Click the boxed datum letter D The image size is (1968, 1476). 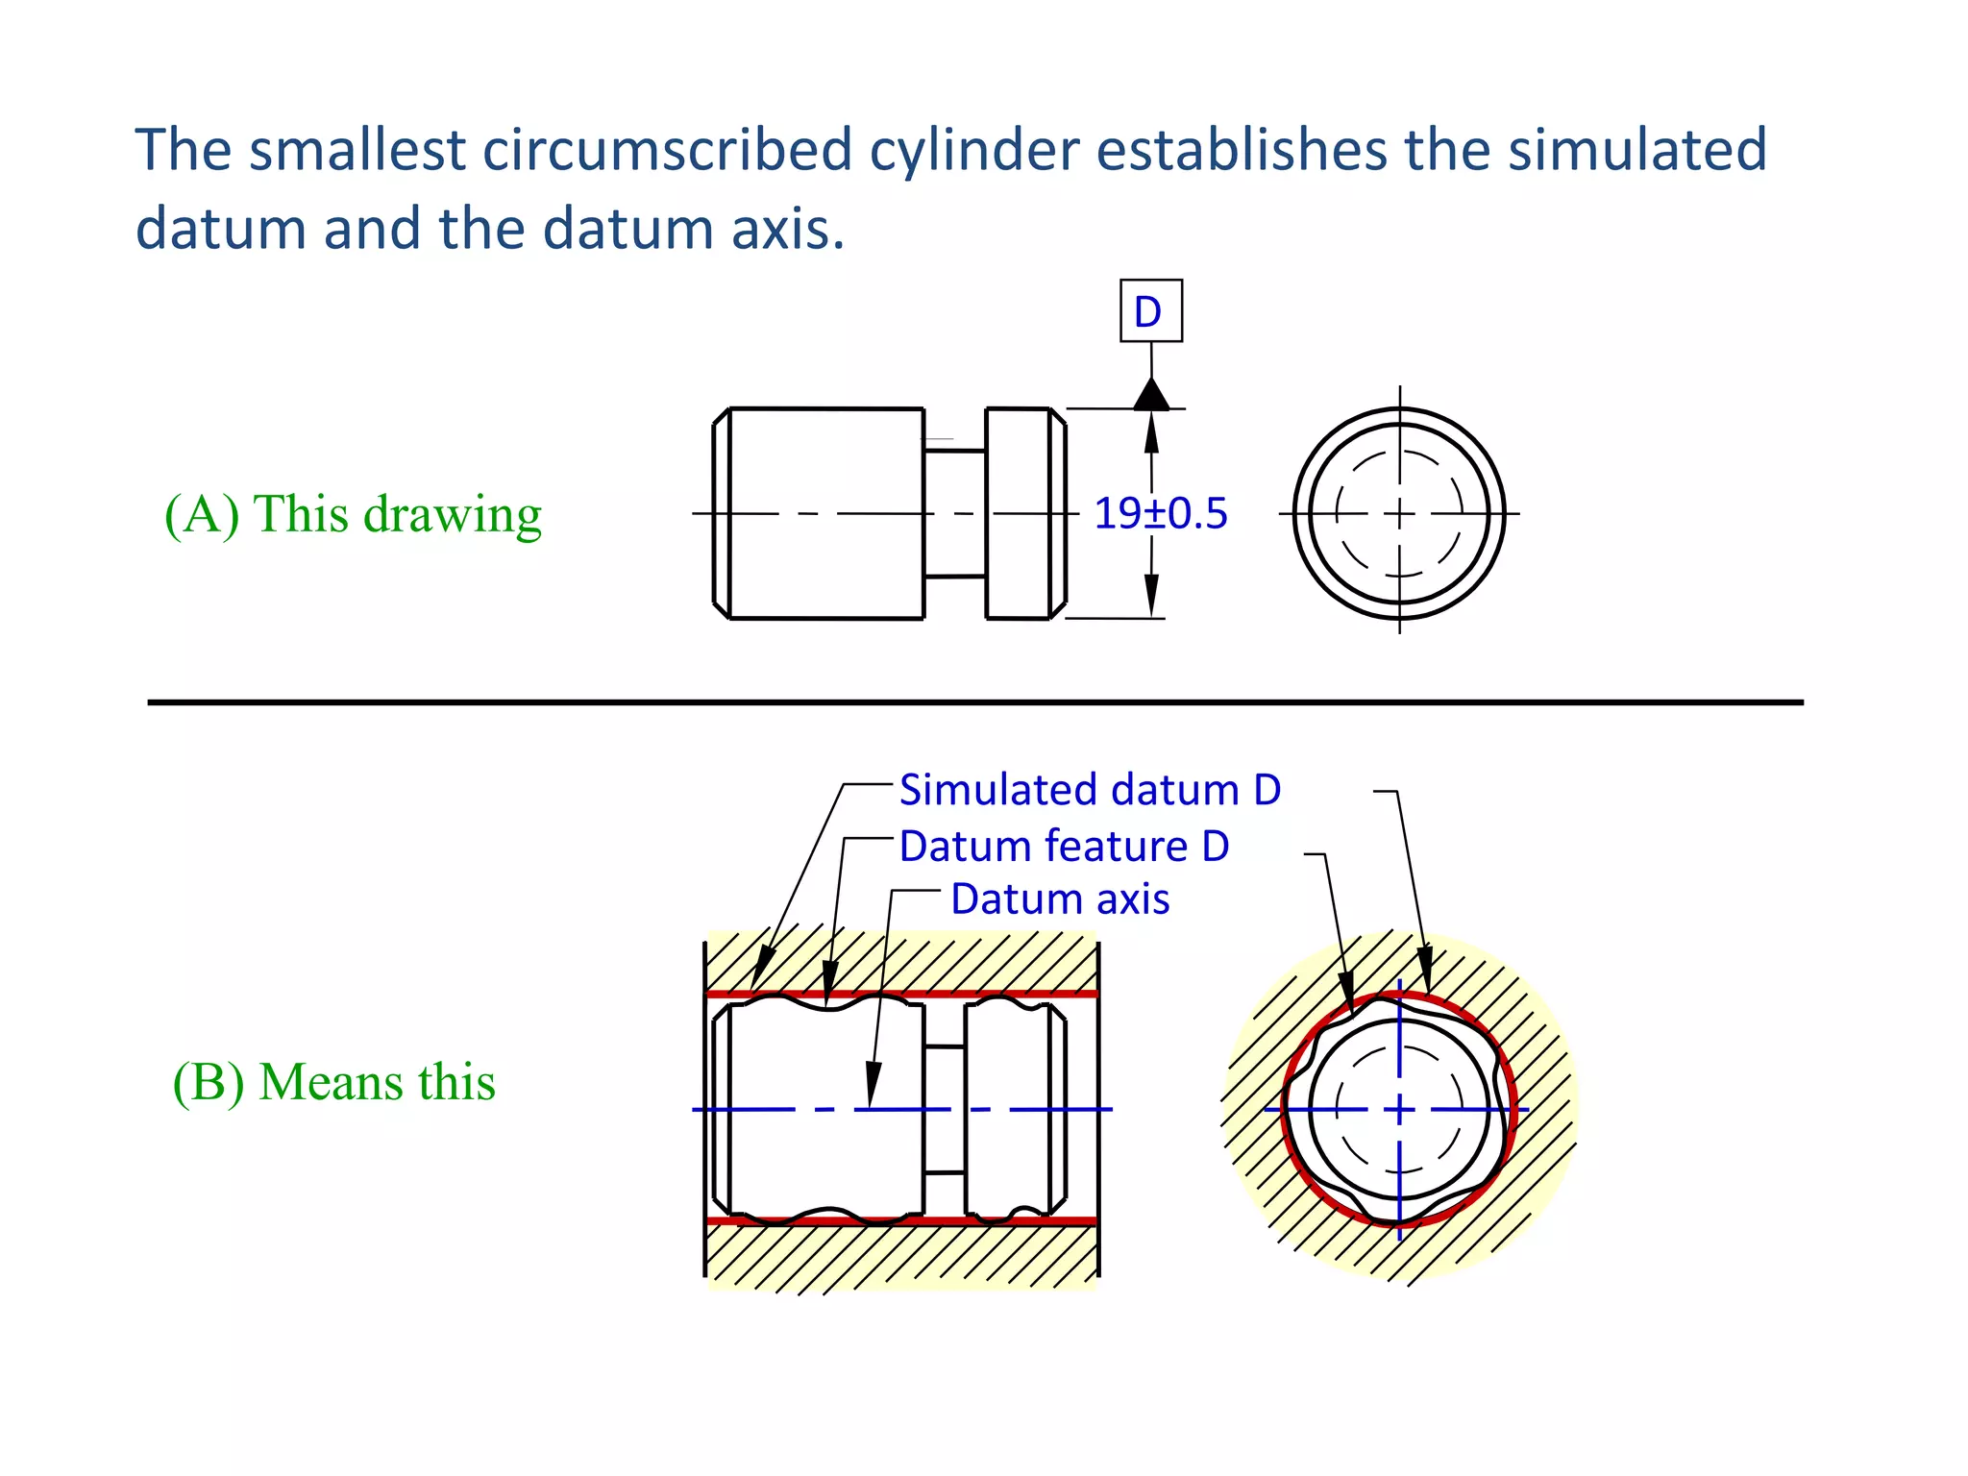tap(1150, 311)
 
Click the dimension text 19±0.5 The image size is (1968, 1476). tap(1161, 513)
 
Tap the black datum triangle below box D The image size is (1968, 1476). tap(1151, 395)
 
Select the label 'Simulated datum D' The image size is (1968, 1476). tap(1090, 790)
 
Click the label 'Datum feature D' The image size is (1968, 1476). tap(1064, 847)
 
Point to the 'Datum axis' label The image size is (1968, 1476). tap(1060, 899)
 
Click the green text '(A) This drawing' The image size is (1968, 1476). tap(353, 514)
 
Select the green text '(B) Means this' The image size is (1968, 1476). tap(333, 1082)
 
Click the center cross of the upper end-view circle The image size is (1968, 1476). tap(1399, 513)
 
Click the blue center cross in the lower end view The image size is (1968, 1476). tap(1399, 1110)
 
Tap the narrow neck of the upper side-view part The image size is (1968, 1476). tap(954, 513)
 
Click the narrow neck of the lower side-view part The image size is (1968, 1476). tap(945, 1110)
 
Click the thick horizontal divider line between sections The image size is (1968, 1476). tap(974, 702)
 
